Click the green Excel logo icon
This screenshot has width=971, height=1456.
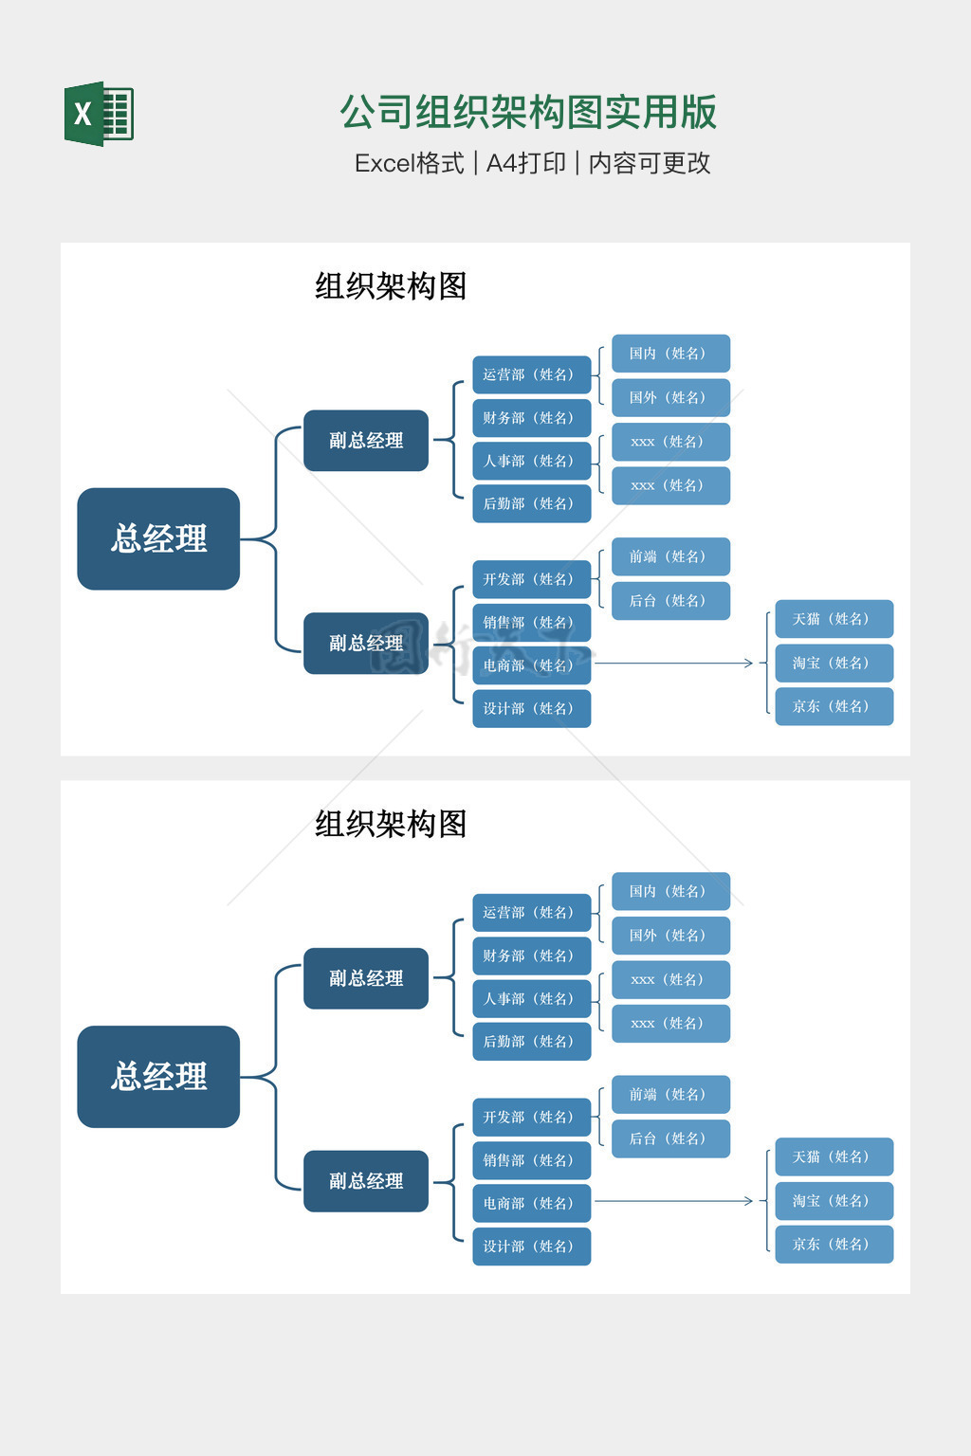[x=99, y=114]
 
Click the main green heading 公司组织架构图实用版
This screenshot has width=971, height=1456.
[x=528, y=112]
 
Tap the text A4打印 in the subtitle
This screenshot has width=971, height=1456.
[x=525, y=163]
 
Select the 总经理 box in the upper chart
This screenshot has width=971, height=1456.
[x=158, y=538]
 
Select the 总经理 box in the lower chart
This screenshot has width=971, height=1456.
[x=158, y=1076]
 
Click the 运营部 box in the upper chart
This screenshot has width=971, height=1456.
[x=531, y=374]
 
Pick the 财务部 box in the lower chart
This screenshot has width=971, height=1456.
[x=531, y=955]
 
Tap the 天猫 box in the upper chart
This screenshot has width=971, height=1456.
[x=834, y=619]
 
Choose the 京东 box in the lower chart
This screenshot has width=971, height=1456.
[x=834, y=1244]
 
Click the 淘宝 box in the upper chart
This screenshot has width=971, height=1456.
[x=834, y=663]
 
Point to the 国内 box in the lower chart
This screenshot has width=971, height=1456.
[x=670, y=891]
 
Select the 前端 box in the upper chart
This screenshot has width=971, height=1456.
[x=670, y=556]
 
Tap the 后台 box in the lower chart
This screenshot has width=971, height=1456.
[x=670, y=1138]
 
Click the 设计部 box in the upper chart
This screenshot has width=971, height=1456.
[x=531, y=708]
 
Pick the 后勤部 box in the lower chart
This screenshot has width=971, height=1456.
[x=531, y=1041]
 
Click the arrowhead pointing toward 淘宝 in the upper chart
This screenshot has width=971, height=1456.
[x=749, y=664]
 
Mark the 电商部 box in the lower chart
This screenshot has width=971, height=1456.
[x=531, y=1203]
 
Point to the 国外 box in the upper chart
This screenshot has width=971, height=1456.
[x=670, y=397]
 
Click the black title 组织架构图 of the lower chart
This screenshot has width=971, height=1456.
[x=391, y=824]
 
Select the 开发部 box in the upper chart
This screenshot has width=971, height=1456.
[x=531, y=579]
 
